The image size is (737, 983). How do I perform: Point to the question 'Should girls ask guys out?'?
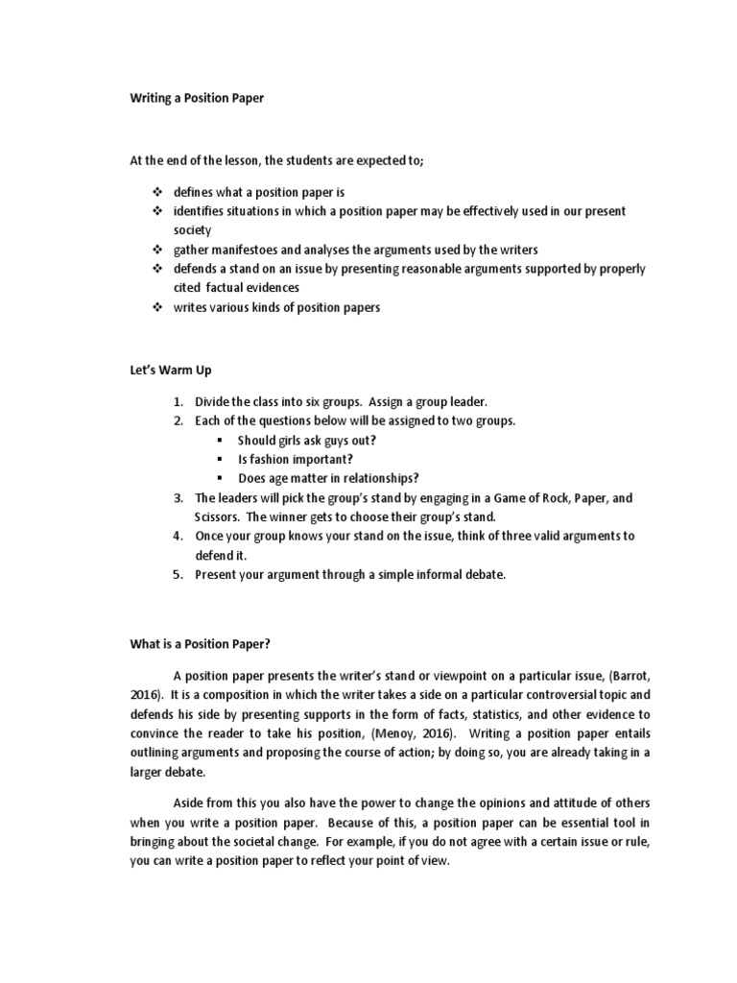click(x=306, y=441)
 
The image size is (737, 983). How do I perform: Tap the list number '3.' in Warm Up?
click(x=178, y=498)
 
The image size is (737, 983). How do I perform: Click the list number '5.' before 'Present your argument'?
click(x=178, y=574)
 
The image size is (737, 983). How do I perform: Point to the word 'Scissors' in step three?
click(x=218, y=516)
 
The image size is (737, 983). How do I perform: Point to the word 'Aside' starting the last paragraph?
click(x=190, y=803)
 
